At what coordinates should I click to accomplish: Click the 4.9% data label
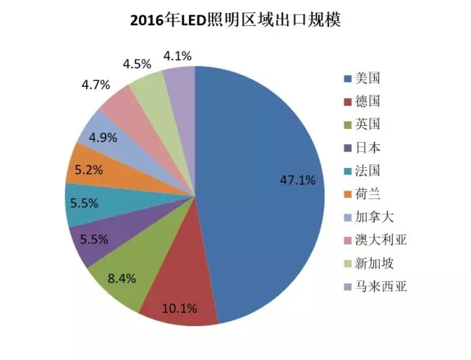103,136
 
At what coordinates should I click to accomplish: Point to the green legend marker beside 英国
347,124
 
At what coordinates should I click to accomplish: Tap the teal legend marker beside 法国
347,170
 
